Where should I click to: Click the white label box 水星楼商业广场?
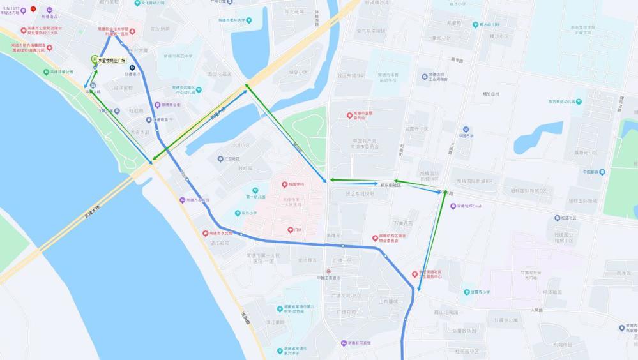[112, 61]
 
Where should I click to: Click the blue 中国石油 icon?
[466, 130]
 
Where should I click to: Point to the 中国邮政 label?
[593, 172]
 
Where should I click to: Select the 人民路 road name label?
[536, 310]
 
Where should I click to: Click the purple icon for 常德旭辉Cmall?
[453, 206]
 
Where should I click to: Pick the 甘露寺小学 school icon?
[466, 292]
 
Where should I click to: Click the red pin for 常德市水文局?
[206, 234]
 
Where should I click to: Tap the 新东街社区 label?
[390, 185]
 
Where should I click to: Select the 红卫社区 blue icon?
[219, 159]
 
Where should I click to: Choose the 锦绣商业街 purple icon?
[157, 105]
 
